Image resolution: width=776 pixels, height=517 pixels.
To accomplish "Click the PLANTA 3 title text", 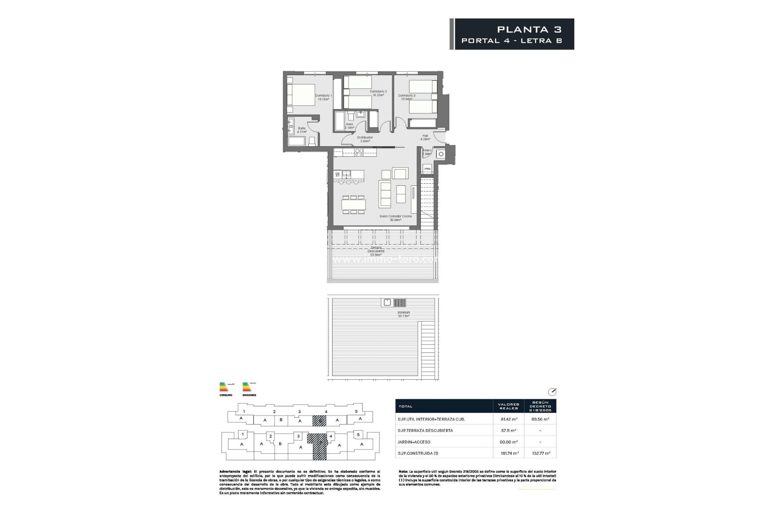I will point(529,29).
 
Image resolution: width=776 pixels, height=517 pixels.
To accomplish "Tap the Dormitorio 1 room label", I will point(323,97).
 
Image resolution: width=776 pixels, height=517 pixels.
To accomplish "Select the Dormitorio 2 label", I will point(378,93).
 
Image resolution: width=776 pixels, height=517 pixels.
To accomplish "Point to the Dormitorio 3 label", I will point(407,97).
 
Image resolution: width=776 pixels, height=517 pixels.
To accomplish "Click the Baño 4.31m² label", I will point(302,130).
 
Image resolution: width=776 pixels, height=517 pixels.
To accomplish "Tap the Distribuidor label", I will point(365,139).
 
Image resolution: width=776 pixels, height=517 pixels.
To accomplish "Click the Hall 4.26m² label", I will point(425,137).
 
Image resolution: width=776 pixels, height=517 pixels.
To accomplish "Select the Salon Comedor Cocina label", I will point(395,218).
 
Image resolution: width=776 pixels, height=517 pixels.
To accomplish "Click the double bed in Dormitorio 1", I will point(301,95).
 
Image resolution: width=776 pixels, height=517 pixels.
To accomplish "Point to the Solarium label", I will point(403,314).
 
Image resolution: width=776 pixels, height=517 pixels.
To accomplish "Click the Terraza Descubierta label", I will point(376,251).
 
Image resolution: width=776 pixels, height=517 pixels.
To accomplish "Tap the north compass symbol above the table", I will point(552,392).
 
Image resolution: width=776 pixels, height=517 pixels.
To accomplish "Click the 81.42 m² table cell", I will point(509,419).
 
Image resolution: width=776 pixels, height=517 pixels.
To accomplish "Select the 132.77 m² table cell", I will point(541,453).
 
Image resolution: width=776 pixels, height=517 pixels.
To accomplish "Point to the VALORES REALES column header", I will point(508,406).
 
